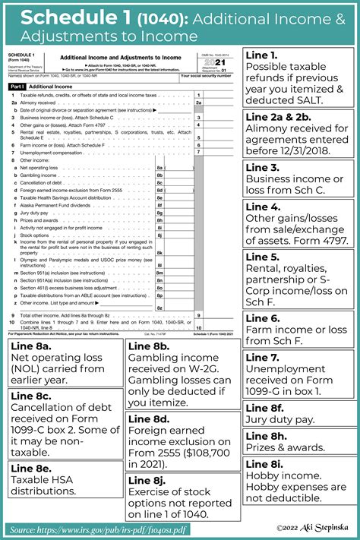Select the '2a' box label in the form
pos(198,103)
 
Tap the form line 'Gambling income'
pos(39,175)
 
